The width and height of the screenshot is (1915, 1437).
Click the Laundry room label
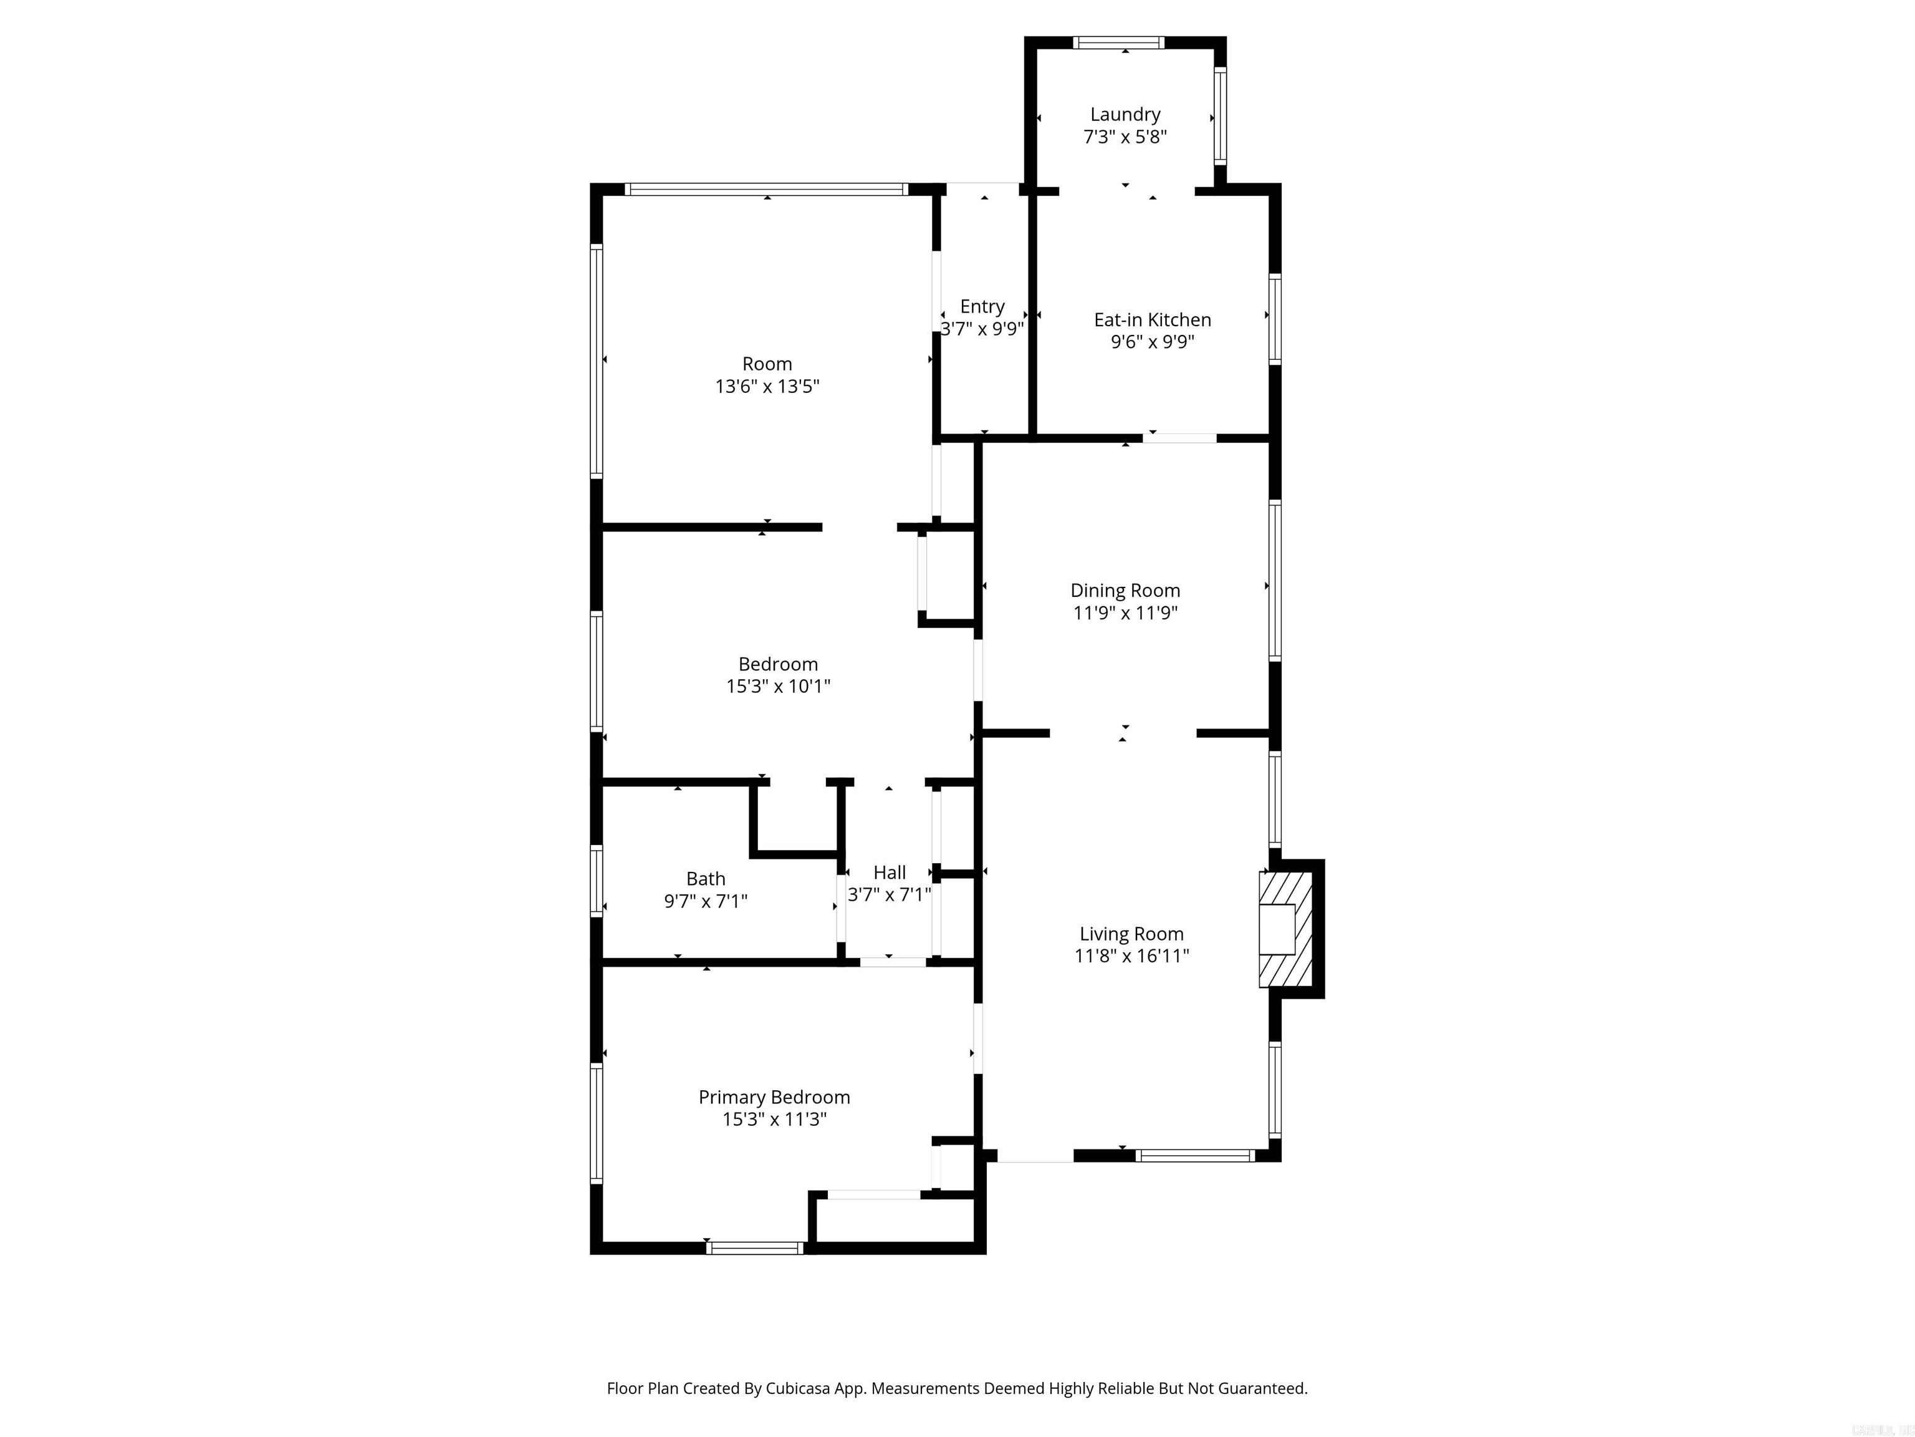pyautogui.click(x=1125, y=114)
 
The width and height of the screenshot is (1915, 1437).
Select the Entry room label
pyautogui.click(x=982, y=307)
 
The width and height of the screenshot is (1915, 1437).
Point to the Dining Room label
pyautogui.click(x=1125, y=591)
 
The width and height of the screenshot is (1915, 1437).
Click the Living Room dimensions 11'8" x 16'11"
pyautogui.click(x=1131, y=956)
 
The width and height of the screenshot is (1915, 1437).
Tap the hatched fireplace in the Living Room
pyautogui.click(x=1285, y=929)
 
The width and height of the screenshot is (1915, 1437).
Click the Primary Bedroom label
pyautogui.click(x=774, y=1098)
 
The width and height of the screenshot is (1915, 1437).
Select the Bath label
pyautogui.click(x=706, y=879)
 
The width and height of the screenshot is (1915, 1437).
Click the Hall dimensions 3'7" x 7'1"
pyautogui.click(x=889, y=895)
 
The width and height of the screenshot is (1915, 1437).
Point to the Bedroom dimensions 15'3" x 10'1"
pyautogui.click(x=777, y=687)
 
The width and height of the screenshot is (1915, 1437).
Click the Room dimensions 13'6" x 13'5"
pyautogui.click(x=767, y=386)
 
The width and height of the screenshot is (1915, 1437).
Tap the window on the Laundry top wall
pyautogui.click(x=1118, y=42)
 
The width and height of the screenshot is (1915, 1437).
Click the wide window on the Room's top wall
pyautogui.click(x=766, y=189)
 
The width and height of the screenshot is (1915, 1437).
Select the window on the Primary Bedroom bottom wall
pyautogui.click(x=755, y=1248)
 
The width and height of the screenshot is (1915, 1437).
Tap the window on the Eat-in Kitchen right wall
pyautogui.click(x=1274, y=319)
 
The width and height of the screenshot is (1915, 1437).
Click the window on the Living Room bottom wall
pyautogui.click(x=1195, y=1156)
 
